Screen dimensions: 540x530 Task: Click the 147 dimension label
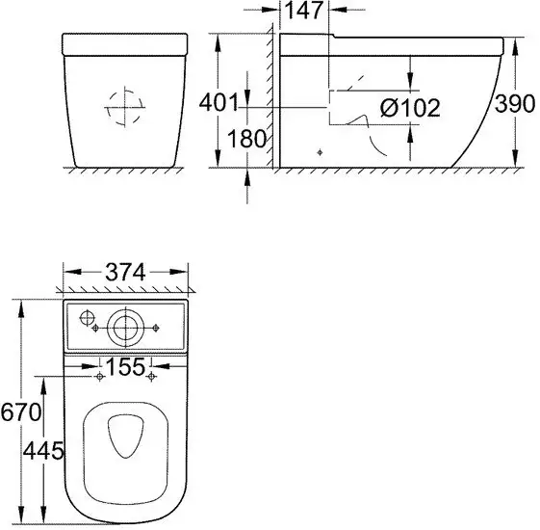[x=303, y=11]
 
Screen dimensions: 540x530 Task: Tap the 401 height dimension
[x=219, y=102]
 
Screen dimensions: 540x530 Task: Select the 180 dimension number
[x=246, y=138]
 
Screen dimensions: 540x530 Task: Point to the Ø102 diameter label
[x=410, y=108]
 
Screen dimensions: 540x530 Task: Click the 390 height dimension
[x=515, y=103]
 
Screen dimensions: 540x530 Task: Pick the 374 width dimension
[x=125, y=272]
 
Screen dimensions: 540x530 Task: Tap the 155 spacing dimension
[x=125, y=366]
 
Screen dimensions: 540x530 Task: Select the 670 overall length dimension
[x=20, y=411]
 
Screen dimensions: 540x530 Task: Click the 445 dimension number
[x=43, y=450]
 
